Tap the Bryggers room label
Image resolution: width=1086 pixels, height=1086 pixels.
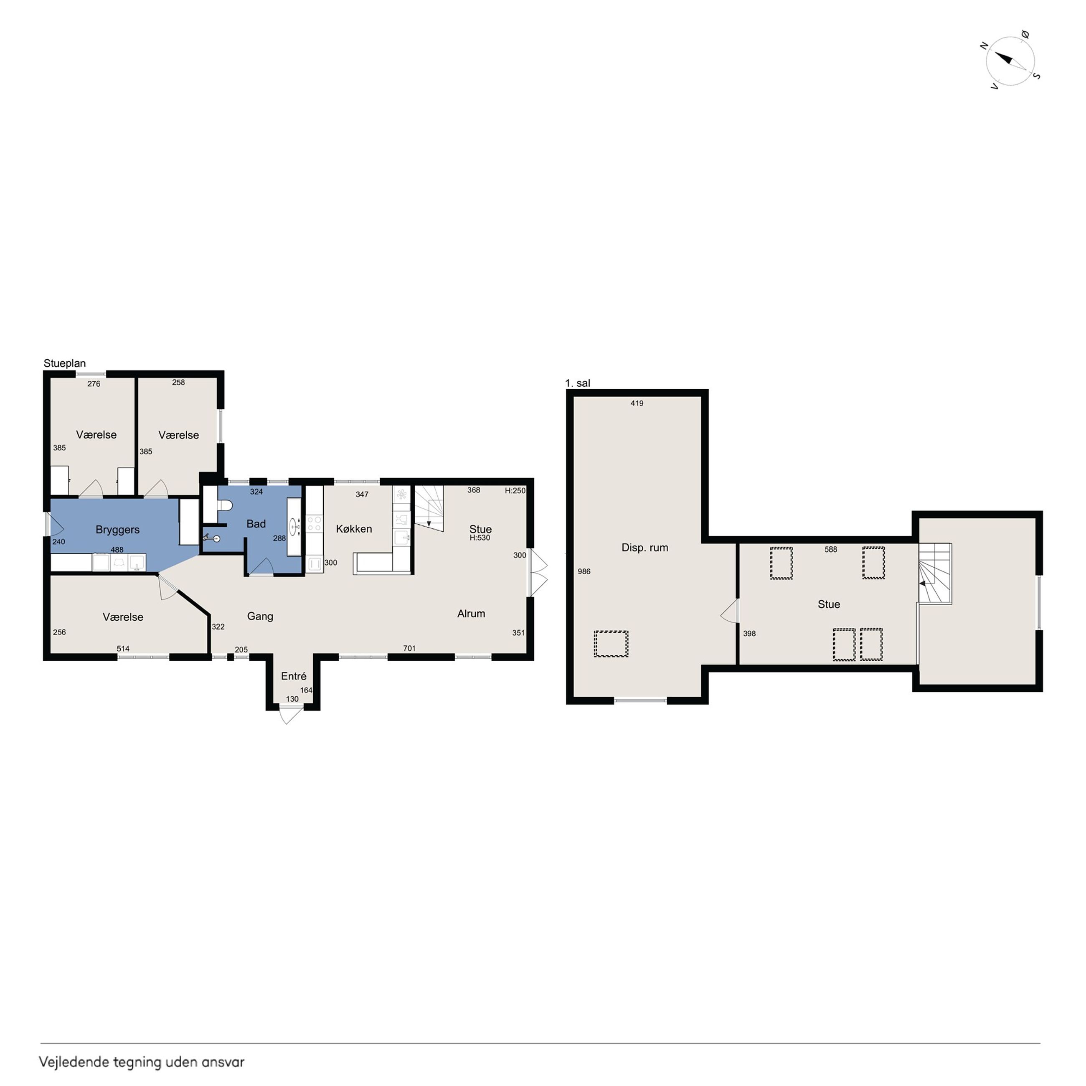[117, 530]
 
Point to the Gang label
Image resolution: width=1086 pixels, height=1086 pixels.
[260, 616]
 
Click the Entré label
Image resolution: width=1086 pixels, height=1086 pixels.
[293, 676]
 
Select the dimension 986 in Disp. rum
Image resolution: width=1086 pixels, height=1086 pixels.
[584, 572]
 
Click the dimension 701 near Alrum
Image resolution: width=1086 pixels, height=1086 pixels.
[409, 648]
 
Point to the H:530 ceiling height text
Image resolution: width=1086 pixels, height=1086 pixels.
[480, 538]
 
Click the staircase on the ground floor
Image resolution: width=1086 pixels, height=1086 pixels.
[429, 508]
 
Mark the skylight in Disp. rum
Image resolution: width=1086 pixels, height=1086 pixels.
[611, 644]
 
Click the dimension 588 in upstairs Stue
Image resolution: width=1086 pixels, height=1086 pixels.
[830, 549]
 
